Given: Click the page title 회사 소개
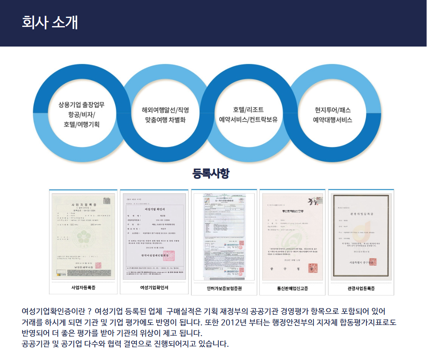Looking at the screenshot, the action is [x=49, y=22].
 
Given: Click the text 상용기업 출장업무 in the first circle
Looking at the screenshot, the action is [x=81, y=104].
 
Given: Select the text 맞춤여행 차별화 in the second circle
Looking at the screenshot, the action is [x=165, y=120].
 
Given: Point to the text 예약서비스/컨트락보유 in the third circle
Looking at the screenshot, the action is [x=248, y=120].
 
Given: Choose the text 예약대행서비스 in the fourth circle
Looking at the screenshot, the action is [x=332, y=120].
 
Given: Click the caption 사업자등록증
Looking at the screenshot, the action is [x=83, y=288].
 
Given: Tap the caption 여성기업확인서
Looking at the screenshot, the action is [x=154, y=288].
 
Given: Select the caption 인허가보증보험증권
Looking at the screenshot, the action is [x=224, y=289].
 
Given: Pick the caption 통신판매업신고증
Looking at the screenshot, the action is [x=292, y=289].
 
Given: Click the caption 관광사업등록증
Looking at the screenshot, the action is [x=361, y=289].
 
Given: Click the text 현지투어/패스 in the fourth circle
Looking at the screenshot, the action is [x=332, y=110].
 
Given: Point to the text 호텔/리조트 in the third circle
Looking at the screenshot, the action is [x=248, y=110].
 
